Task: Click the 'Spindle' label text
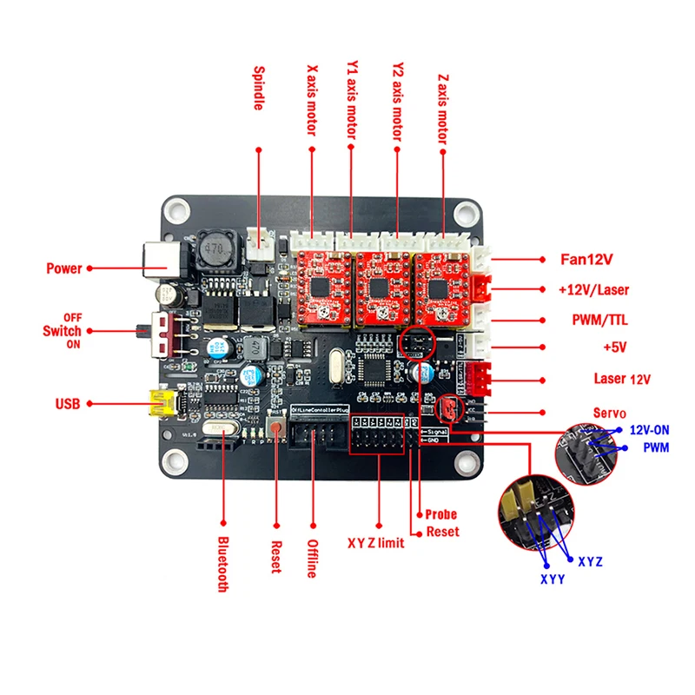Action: tap(259, 89)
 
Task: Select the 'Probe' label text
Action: tap(441, 515)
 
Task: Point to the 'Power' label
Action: tap(63, 268)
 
